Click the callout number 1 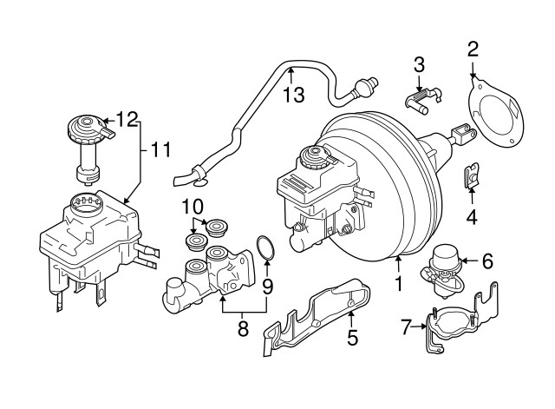[399, 282]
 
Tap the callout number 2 [473, 49]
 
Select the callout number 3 [419, 63]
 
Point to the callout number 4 [472, 217]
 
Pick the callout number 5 [352, 337]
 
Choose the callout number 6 [486, 259]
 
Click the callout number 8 [243, 328]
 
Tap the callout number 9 [267, 284]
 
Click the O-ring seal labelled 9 [267, 249]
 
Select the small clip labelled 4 [471, 177]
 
